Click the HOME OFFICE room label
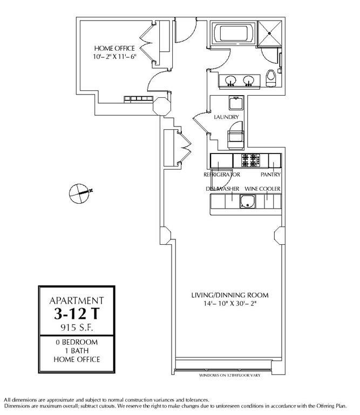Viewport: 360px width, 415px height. tap(114, 48)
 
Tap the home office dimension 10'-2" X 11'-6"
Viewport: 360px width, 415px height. tap(114, 56)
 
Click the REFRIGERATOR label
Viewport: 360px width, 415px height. tap(221, 175)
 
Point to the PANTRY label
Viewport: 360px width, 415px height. tap(270, 175)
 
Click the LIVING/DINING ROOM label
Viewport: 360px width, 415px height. tap(230, 295)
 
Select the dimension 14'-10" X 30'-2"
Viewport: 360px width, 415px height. tap(230, 304)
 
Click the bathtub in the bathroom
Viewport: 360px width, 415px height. tap(233, 34)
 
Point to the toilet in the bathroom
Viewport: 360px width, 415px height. tap(271, 79)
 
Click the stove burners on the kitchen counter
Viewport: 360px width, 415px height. tap(250, 160)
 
